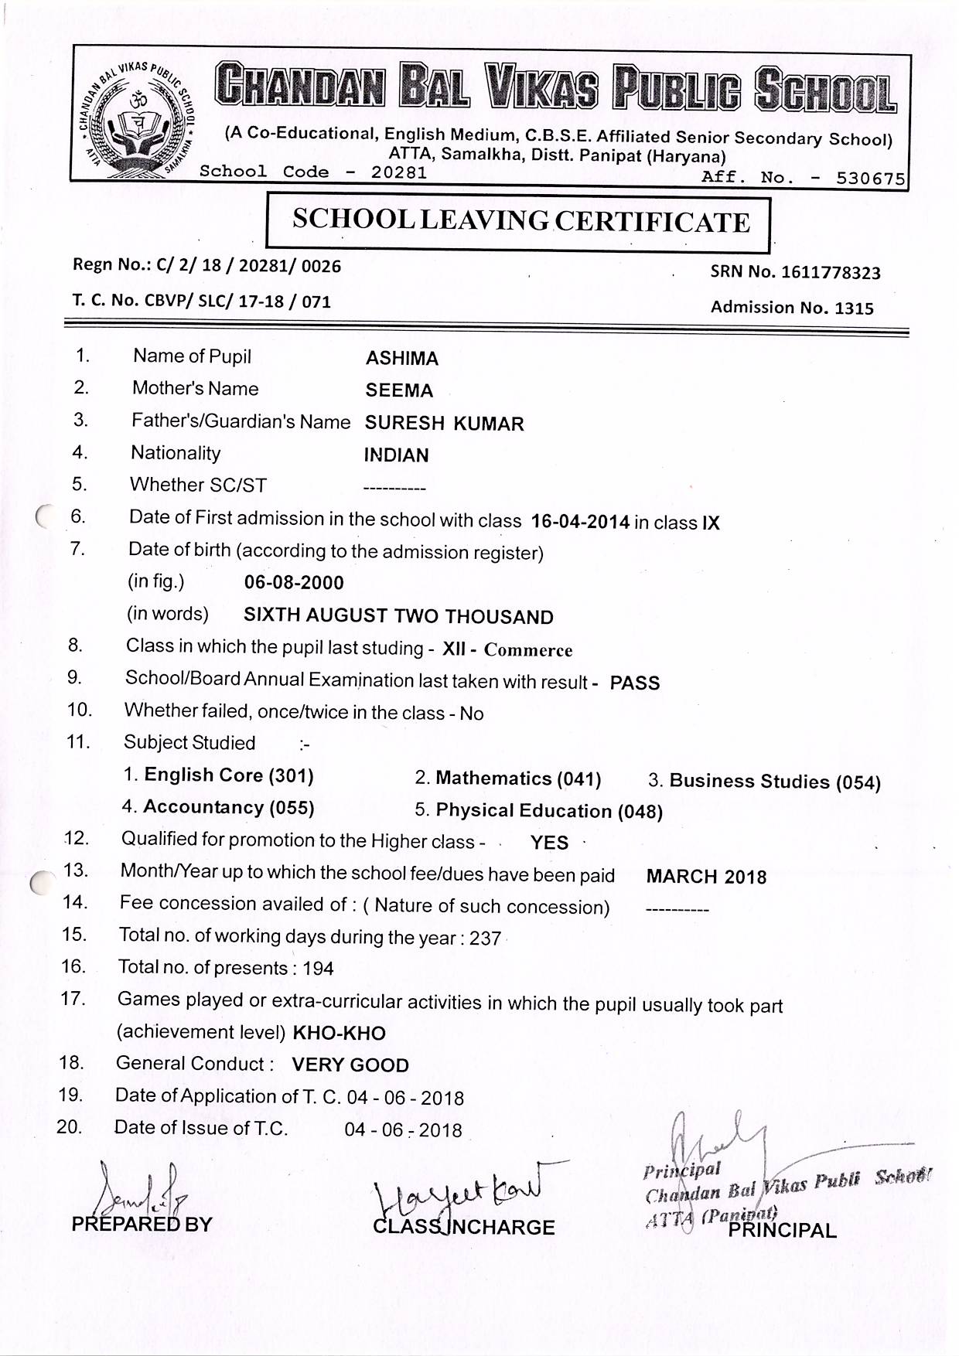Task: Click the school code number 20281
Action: [398, 172]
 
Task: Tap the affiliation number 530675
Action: [870, 179]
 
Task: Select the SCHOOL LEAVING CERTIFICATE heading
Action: [520, 222]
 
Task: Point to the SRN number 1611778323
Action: [831, 272]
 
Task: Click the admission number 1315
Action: [854, 308]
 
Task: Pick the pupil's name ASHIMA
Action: [401, 359]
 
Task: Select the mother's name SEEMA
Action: [399, 391]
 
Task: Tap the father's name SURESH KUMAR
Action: [444, 424]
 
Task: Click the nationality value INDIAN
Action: [396, 455]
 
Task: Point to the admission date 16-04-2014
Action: [580, 522]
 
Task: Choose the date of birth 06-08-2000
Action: [294, 583]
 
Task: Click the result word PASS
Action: [634, 683]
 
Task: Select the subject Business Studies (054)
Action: [775, 782]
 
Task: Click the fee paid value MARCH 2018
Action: [706, 877]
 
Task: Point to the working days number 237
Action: [485, 939]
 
